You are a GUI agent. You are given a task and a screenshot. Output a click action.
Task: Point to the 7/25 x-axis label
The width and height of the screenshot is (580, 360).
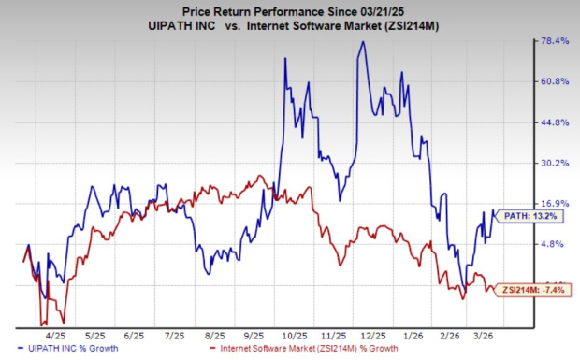pyautogui.click(x=172, y=334)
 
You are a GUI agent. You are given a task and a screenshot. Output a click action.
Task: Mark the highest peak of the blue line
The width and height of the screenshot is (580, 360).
pyautogui.click(x=361, y=42)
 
